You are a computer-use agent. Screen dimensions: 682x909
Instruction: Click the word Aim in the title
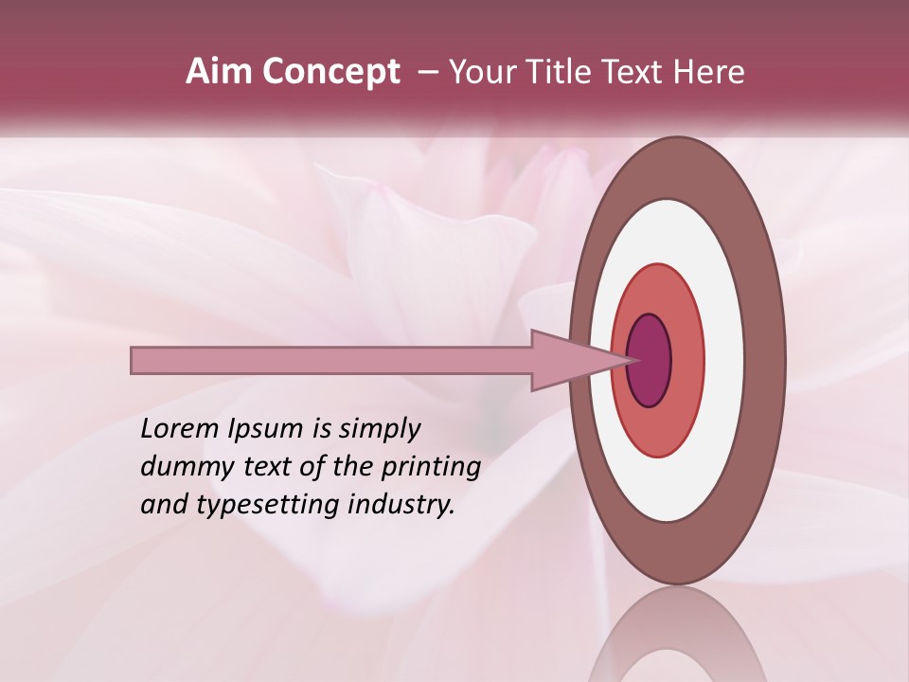[219, 72]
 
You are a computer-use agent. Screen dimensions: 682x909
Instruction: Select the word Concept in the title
[330, 72]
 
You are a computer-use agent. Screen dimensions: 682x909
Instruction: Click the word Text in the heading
[638, 72]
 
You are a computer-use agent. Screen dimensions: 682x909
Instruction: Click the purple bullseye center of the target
[650, 361]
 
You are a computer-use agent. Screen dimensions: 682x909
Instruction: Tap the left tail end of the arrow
[134, 360]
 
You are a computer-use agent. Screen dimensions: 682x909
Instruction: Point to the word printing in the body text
[430, 468]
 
